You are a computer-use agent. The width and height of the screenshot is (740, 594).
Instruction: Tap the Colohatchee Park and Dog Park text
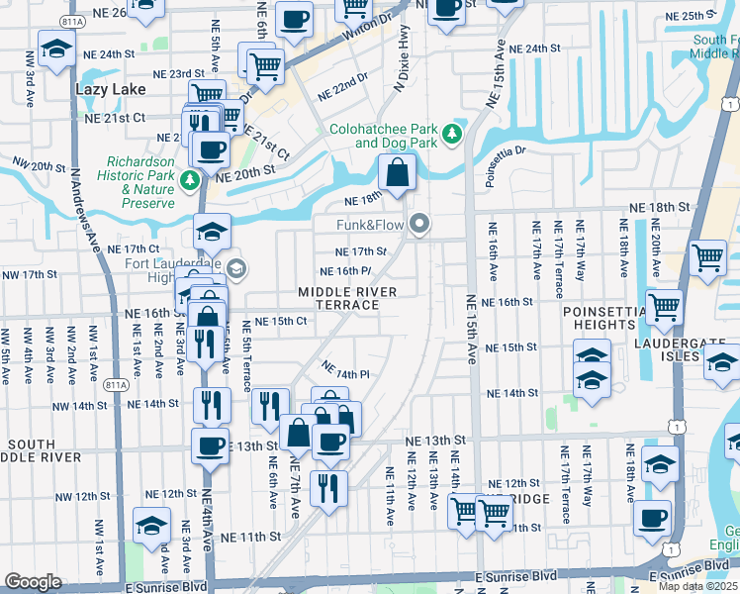(384, 136)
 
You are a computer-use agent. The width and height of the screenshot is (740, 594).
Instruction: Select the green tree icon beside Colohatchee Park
(453, 133)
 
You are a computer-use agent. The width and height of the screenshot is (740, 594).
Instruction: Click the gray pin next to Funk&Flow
(420, 225)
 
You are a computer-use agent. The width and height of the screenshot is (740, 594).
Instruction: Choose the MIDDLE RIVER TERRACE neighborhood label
(348, 298)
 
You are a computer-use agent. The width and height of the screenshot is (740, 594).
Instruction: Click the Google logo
(33, 581)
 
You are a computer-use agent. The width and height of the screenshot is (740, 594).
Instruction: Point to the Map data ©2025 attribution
(697, 586)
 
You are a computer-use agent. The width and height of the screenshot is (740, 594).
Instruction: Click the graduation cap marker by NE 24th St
(56, 49)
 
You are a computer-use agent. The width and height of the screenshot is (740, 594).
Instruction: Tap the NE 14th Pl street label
(345, 370)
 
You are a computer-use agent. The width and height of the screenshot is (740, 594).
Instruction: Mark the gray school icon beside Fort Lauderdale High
(235, 268)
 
